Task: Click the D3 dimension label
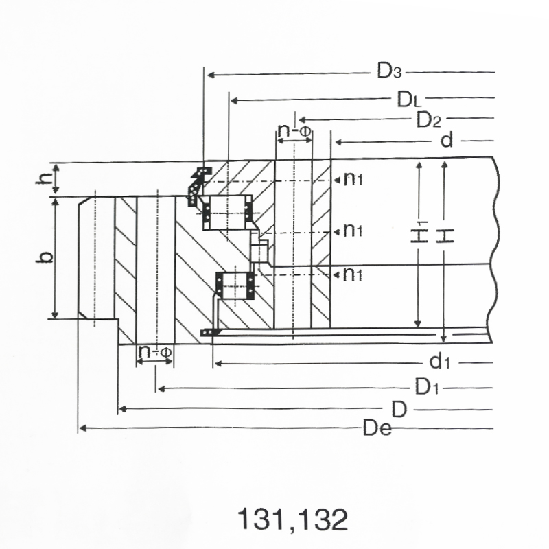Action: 389,71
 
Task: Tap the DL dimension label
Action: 409,100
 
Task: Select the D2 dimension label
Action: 428,119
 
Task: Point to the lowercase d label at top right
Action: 447,141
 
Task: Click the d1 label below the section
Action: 439,362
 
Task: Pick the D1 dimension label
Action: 426,387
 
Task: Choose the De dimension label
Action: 377,428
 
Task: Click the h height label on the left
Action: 43,178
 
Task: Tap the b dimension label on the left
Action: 45,257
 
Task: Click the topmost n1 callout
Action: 353,179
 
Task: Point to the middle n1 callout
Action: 353,230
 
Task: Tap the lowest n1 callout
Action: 353,274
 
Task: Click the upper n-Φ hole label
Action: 294,131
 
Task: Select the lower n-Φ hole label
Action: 155,351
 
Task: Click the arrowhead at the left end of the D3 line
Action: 211,75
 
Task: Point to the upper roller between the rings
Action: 227,213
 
